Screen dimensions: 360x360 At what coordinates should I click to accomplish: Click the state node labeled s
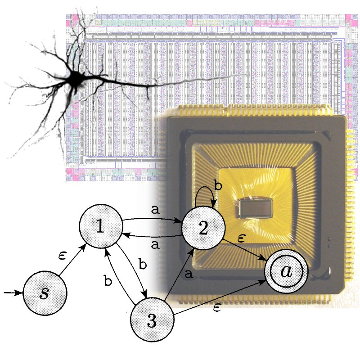click(x=45, y=293)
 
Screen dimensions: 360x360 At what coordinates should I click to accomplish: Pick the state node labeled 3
click(x=152, y=321)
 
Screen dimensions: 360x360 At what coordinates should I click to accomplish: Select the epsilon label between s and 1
click(x=63, y=255)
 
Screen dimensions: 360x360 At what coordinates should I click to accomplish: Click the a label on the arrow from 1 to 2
click(x=154, y=210)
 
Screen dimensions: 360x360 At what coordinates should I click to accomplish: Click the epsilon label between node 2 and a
click(x=241, y=238)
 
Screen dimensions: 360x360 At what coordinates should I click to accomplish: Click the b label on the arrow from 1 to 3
click(x=143, y=264)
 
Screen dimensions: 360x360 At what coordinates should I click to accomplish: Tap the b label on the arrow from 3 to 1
click(x=108, y=281)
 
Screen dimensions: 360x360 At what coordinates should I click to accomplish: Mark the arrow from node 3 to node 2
click(x=178, y=274)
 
